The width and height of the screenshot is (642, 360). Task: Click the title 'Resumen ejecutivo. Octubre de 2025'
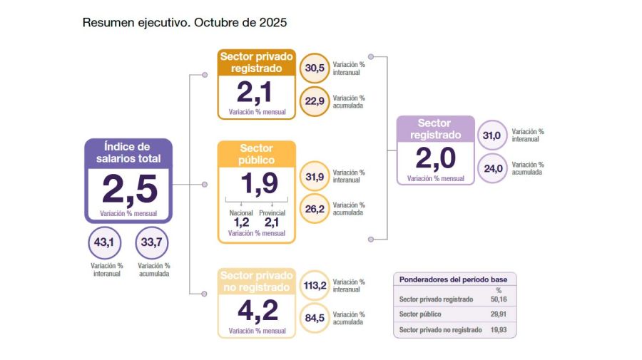point(184,23)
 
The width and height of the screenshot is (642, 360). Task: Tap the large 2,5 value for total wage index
point(128,190)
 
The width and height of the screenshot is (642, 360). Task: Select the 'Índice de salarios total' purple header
point(128,153)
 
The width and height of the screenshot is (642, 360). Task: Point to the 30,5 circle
point(315,68)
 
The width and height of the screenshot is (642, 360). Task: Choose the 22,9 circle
point(315,101)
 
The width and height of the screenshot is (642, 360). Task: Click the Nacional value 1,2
point(241,222)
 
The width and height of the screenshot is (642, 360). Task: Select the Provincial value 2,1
point(271,222)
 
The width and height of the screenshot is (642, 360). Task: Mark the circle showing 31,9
point(315,177)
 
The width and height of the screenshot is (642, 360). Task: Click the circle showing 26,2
point(315,209)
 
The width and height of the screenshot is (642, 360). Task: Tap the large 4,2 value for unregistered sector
point(257,311)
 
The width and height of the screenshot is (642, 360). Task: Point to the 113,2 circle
point(315,286)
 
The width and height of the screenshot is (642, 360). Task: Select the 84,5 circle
point(315,318)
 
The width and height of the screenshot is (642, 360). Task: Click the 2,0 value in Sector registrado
point(435,158)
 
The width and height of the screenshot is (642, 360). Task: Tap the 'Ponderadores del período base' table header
point(454,279)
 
